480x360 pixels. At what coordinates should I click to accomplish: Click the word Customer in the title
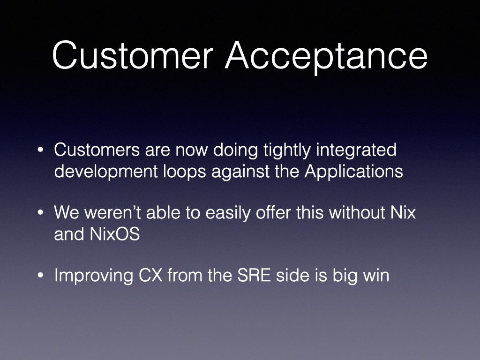pos(133,55)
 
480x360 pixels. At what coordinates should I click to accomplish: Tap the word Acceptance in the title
pos(326,57)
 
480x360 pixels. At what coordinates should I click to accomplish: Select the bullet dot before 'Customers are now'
pos(40,150)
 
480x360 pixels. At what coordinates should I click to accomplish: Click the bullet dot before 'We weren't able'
pos(40,212)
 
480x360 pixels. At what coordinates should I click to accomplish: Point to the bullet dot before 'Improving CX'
pos(40,275)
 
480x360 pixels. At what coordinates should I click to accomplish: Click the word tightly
pos(287,150)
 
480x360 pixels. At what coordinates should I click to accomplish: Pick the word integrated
pos(356,150)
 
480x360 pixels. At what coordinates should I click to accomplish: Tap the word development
pos(105,172)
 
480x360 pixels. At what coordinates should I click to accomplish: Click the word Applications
pos(353,172)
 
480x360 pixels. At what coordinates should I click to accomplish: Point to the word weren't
pos(112,212)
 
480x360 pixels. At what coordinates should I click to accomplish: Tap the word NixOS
pos(115,234)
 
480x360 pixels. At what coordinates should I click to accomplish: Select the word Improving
pos(94,276)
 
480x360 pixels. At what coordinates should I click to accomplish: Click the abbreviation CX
pos(150,275)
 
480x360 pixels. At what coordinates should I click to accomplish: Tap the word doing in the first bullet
pos(235,150)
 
